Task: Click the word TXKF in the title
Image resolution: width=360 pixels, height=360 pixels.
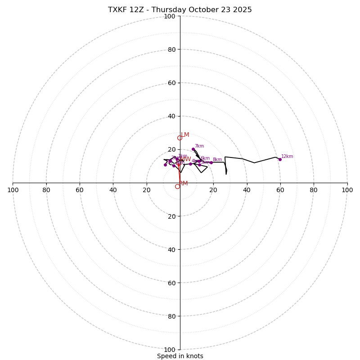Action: click(118, 10)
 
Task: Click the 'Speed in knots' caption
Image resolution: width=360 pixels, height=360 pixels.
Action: click(180, 356)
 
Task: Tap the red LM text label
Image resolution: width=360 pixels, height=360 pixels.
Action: click(185, 135)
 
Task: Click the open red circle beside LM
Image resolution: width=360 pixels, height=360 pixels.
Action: click(180, 138)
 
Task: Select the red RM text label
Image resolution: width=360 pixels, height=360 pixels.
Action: click(183, 184)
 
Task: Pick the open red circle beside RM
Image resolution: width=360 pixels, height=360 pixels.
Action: click(177, 186)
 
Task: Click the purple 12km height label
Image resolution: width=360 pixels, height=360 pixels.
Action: click(287, 157)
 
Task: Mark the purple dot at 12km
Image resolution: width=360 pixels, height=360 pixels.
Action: click(280, 159)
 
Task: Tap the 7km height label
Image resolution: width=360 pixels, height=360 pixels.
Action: click(199, 146)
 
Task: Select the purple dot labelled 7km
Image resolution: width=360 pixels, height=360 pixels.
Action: click(193, 149)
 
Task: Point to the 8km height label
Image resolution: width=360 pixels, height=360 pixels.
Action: click(217, 160)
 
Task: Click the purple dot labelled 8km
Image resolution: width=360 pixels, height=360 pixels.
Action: click(211, 162)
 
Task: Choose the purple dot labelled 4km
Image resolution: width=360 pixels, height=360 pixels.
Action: click(190, 164)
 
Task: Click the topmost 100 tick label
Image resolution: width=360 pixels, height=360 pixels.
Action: click(170, 16)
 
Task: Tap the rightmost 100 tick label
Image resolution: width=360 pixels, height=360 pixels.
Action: click(347, 190)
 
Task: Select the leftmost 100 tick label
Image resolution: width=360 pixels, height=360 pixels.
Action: click(13, 190)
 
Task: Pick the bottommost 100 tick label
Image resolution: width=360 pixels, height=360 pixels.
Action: click(170, 350)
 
